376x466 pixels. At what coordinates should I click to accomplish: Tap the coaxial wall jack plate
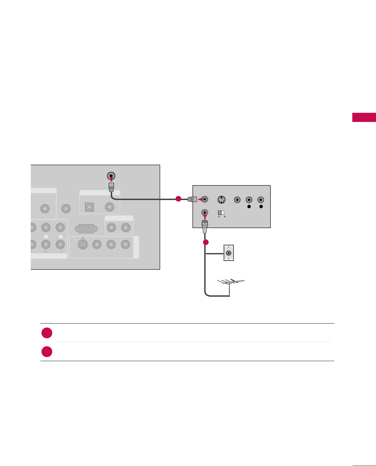pos(228,253)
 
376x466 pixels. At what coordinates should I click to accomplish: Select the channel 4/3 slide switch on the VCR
pos(221,213)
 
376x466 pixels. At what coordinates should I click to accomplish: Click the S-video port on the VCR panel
pos(221,200)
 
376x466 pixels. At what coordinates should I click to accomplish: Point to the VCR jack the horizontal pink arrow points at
pos(205,199)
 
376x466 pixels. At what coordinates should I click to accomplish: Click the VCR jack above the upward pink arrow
pos(205,213)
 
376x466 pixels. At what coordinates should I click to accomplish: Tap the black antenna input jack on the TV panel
pos(111,176)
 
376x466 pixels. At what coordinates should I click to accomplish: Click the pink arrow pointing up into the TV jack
pos(111,180)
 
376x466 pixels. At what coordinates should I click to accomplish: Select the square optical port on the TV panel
pos(89,207)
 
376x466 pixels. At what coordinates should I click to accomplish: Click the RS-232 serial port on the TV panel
pos(86,228)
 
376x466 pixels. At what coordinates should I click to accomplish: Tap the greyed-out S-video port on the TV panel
pos(83,244)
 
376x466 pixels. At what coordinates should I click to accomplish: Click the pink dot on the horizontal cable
pos(178,199)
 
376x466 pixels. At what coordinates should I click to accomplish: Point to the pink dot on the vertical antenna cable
pos(206,242)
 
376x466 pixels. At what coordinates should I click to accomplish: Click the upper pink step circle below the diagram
pos(47,333)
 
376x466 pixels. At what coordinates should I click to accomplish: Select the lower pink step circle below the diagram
pos(47,352)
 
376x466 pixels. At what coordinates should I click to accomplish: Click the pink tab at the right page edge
pos(364,117)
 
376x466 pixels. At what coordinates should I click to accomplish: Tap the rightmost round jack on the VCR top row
pos(261,200)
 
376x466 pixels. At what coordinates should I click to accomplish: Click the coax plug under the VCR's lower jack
pos(205,225)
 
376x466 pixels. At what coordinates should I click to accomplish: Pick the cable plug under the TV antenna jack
pos(111,187)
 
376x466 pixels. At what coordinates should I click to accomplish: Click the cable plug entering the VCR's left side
pos(192,199)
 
